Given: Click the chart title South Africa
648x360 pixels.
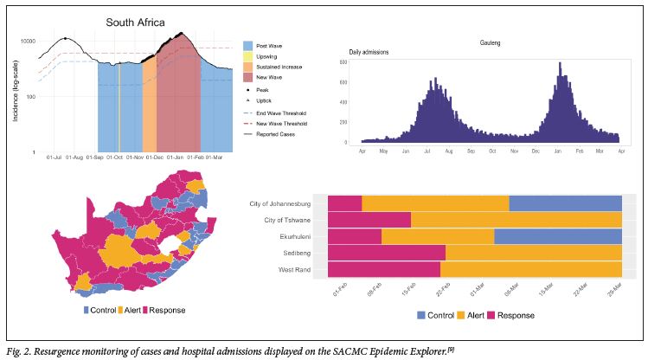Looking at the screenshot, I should click(142, 23).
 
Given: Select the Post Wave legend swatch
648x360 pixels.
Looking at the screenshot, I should click(248, 45).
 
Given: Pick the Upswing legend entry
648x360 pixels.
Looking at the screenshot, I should click(248, 55).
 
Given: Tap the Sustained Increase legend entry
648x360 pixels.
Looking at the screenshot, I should click(248, 67).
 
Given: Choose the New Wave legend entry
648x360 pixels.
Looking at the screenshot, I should click(248, 77).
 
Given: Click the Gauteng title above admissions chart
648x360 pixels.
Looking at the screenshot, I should click(491, 42).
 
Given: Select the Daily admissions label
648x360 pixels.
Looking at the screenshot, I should click(369, 53).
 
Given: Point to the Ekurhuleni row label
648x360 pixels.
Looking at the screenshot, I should click(301, 236).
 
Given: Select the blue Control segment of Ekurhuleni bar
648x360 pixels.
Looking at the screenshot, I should click(558, 236).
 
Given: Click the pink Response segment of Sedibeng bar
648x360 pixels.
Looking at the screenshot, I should click(387, 253).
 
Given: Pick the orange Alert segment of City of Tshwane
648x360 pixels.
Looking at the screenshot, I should click(516, 220).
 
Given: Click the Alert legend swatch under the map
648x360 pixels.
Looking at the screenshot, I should click(121, 310).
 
